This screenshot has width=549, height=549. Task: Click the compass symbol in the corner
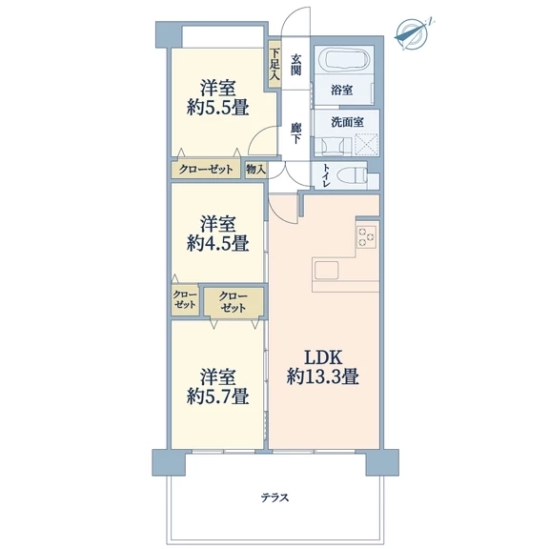pos(413,34)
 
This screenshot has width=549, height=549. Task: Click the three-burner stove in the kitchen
pos(367,237)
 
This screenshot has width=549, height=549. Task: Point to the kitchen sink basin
pos(326,271)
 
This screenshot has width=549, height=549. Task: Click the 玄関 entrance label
pos(295,65)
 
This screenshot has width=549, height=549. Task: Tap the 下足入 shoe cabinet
pos(274,65)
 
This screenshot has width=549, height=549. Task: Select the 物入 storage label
pos(256,170)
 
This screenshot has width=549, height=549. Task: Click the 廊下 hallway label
pos(295,133)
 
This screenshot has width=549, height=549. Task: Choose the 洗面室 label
pos(347,122)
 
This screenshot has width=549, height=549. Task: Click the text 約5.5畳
pos(217,108)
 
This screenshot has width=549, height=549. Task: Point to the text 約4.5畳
pos(217,243)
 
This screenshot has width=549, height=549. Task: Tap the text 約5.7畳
pos(217,396)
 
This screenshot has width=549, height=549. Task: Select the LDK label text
pos(323,357)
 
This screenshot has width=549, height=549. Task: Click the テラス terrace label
pos(274,498)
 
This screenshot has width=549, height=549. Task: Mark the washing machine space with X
pos(367,144)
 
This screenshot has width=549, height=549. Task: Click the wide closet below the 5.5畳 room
pos(206,170)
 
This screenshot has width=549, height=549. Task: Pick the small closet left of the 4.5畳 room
pos(185,299)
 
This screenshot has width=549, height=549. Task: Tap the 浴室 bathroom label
pos(342,91)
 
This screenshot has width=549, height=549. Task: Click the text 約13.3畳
pos(323,377)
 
